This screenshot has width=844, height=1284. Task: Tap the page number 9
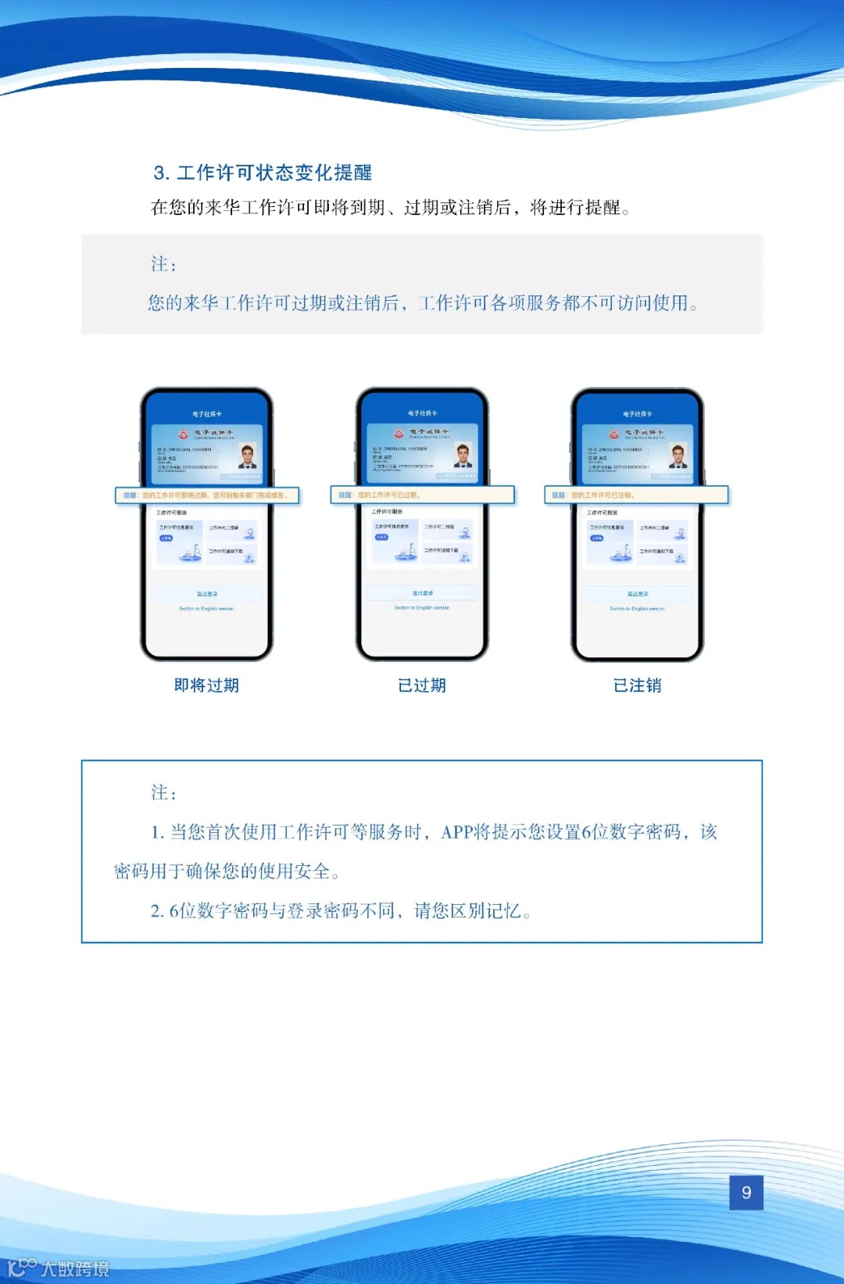pos(746,1193)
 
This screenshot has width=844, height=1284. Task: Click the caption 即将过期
pos(206,685)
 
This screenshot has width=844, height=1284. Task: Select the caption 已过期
pos(422,685)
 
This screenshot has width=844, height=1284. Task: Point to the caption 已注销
pos(638,685)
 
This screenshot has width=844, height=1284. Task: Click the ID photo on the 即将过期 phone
pos(249,456)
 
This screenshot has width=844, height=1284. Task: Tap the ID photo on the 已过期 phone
pos(463,455)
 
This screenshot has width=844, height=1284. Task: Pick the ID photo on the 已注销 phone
pos(678,456)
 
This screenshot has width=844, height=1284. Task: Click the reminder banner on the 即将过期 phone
pos(207,495)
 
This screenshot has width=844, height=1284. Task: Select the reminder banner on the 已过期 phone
pos(422,495)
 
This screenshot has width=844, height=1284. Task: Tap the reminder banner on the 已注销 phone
pos(636,495)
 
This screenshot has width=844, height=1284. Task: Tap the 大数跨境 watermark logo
pos(59,1268)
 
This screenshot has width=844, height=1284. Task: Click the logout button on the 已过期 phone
pos(422,593)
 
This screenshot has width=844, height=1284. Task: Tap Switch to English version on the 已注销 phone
pos(637,609)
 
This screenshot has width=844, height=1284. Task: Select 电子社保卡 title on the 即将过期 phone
pos(207,414)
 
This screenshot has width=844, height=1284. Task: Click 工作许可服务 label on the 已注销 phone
pos(603,513)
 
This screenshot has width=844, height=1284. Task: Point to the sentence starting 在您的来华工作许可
pos(391,208)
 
